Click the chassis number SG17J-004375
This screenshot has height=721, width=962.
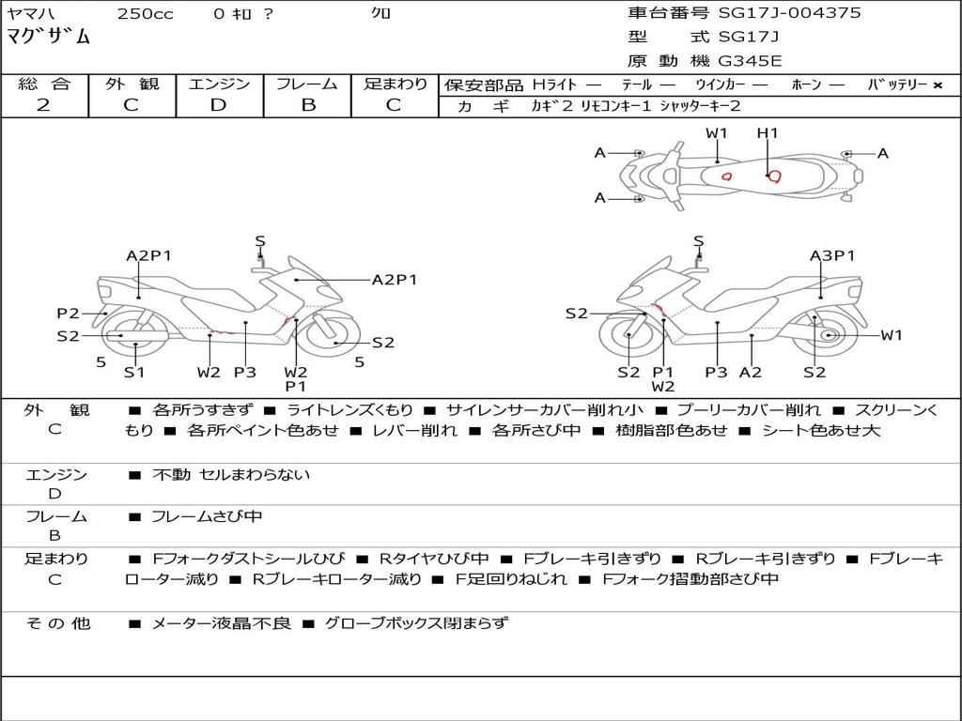tap(789, 13)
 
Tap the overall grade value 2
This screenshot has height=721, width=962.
tap(43, 105)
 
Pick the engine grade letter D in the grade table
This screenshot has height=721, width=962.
tap(218, 105)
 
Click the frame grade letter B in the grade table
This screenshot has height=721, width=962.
tap(308, 105)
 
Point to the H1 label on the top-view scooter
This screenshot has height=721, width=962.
tap(768, 133)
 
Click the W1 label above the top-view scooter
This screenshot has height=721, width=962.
tap(717, 133)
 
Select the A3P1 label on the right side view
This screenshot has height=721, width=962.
tap(832, 255)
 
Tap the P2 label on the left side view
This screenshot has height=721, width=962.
tap(68, 314)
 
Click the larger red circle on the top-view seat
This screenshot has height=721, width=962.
tap(775, 176)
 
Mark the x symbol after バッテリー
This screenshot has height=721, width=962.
tap(938, 85)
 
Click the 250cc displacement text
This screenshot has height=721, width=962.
tap(146, 13)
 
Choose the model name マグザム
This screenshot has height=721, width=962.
tap(49, 37)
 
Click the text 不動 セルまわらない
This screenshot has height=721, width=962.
tap(231, 474)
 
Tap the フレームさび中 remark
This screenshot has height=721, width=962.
tap(207, 516)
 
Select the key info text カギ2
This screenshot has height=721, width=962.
tap(551, 106)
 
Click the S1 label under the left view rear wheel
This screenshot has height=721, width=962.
tap(134, 372)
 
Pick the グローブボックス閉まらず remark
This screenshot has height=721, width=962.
tap(416, 623)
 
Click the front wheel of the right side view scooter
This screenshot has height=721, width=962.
tap(628, 335)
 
